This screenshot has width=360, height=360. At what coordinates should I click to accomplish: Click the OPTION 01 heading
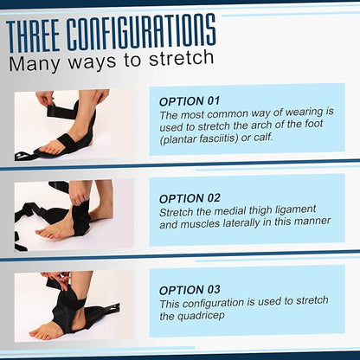[x=190, y=100]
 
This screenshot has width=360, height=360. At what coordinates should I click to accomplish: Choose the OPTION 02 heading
[x=190, y=198]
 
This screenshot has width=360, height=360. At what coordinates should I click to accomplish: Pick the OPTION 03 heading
[x=190, y=290]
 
